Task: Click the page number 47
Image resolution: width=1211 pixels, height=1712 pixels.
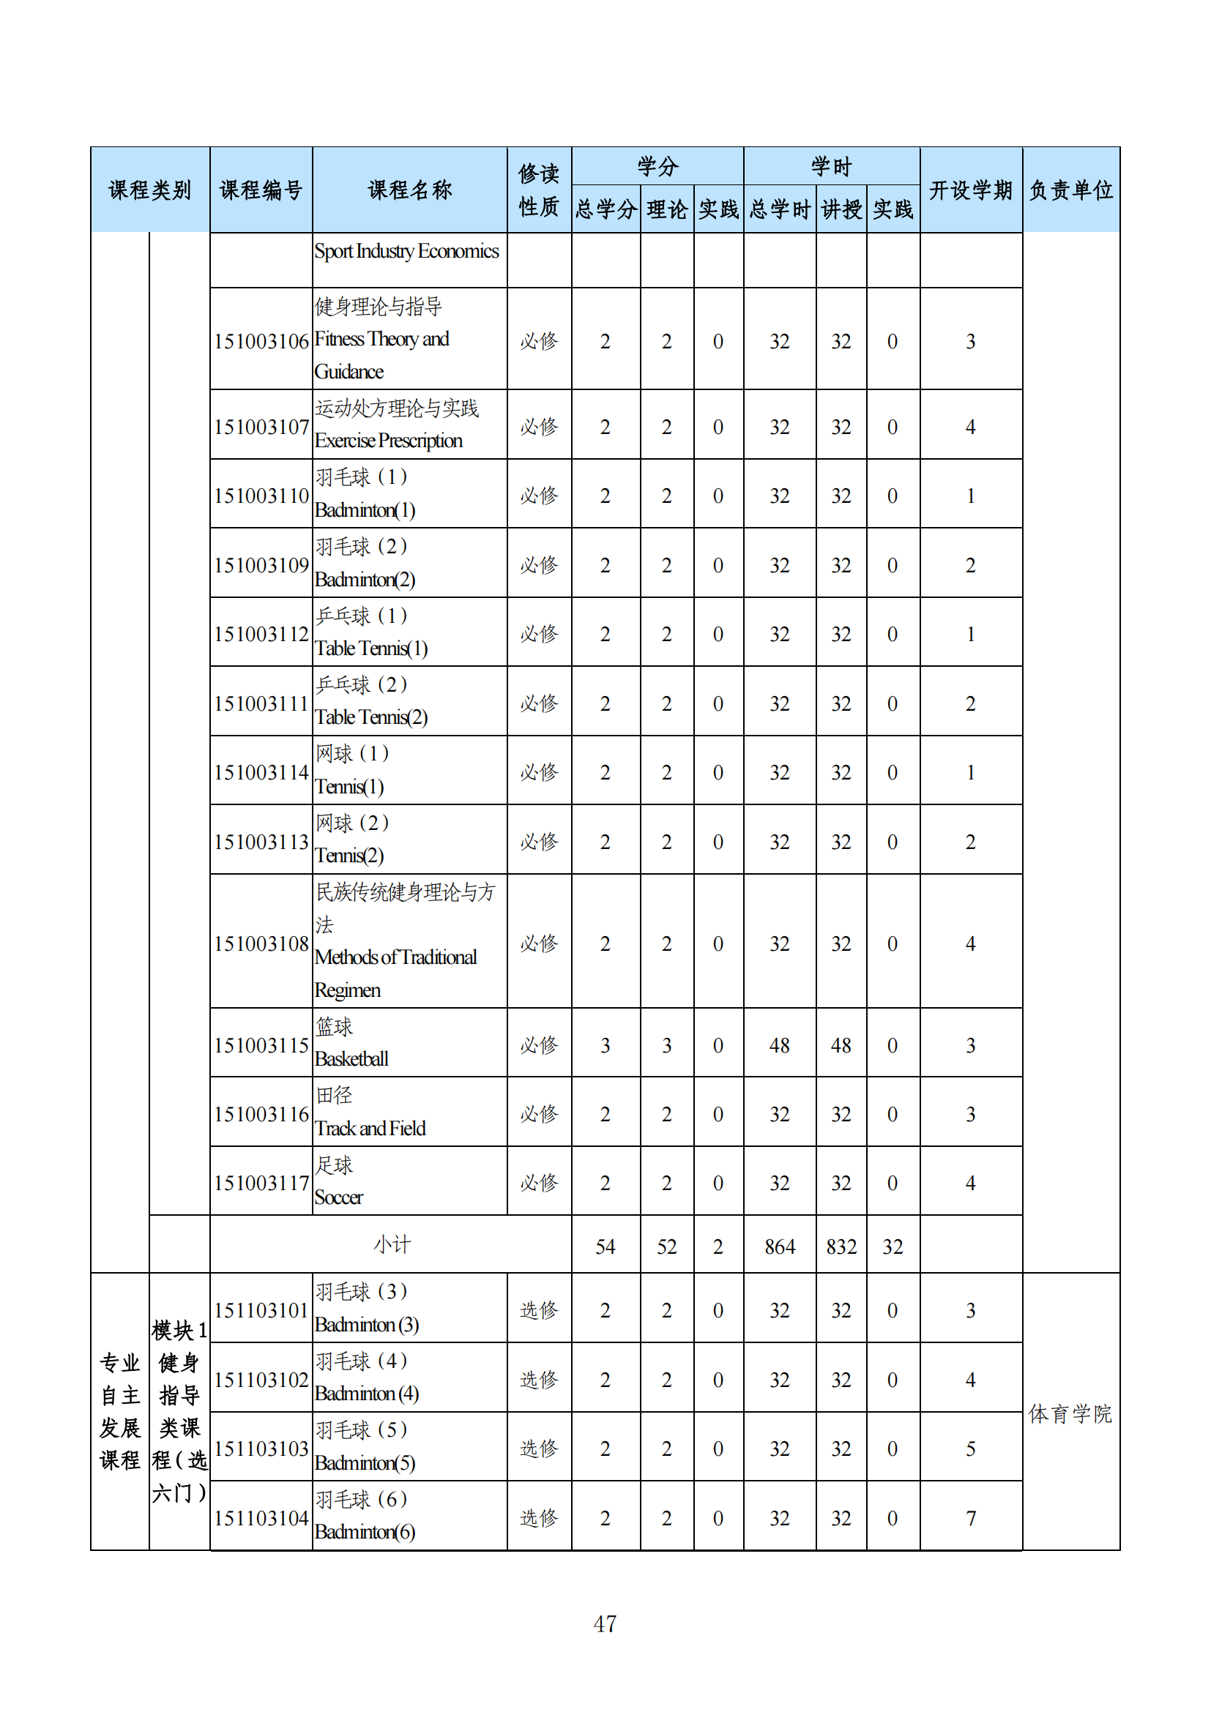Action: pos(605,1623)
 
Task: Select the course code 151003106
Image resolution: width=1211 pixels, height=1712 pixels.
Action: pos(261,342)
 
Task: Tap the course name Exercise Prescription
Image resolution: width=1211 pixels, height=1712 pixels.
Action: pos(389,441)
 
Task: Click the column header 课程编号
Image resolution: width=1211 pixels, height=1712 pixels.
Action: pos(261,190)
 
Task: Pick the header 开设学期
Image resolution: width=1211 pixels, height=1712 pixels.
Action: pos(970,190)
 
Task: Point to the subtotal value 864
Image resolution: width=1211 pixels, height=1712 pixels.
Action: pos(779,1246)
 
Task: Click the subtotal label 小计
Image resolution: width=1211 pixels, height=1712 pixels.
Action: pos(392,1244)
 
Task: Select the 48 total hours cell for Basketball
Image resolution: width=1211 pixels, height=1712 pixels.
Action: pos(779,1045)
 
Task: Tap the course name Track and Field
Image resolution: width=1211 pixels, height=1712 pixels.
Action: pos(370,1128)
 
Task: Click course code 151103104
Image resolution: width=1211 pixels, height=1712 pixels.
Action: pos(261,1518)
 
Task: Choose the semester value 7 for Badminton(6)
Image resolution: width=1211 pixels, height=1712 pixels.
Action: pos(970,1518)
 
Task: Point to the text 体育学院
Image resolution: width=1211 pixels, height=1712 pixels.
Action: pos(1070,1414)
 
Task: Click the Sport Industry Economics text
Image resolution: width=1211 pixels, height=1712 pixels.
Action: pos(406,251)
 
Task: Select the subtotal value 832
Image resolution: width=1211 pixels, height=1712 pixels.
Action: pos(841,1246)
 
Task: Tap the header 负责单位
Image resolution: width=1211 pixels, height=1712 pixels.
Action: pos(1071,190)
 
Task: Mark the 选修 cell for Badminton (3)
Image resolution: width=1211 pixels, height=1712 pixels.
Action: pos(539,1310)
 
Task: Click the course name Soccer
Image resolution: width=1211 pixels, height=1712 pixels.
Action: pos(338,1197)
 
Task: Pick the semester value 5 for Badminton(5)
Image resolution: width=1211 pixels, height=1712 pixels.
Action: pos(970,1449)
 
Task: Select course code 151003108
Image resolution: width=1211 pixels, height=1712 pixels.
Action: pos(261,944)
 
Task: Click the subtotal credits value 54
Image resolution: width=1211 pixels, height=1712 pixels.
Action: pos(605,1246)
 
